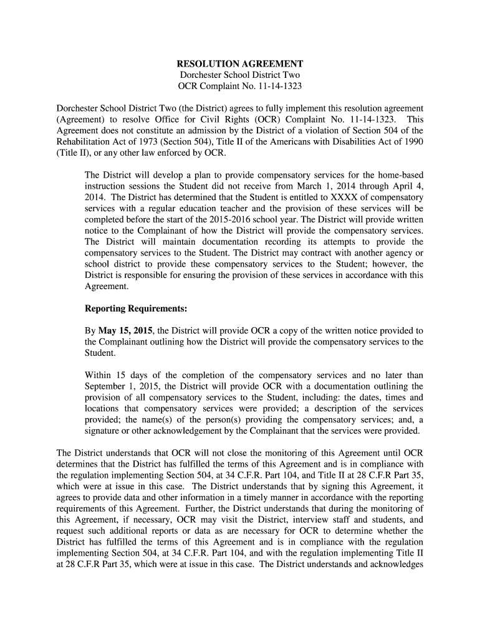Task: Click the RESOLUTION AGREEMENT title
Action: (240, 64)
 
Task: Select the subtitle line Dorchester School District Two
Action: (240, 75)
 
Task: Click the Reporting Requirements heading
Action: (136, 309)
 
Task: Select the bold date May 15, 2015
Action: (125, 331)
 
